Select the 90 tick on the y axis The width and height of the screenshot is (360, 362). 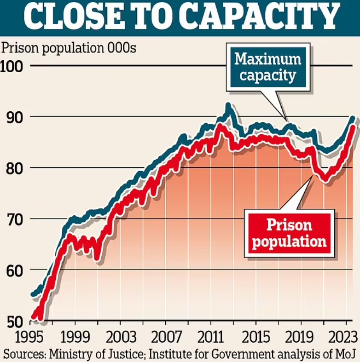pyautogui.click(x=14, y=117)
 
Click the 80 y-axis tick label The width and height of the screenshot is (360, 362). pyautogui.click(x=14, y=168)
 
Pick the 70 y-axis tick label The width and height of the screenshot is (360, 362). pyautogui.click(x=14, y=219)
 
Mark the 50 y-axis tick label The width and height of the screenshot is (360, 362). pyautogui.click(x=14, y=321)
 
